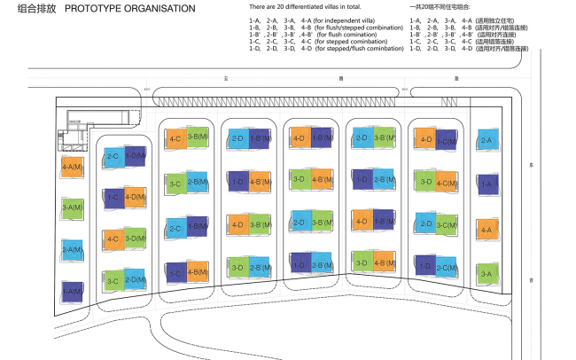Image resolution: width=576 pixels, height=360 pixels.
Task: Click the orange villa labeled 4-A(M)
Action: tap(72, 167)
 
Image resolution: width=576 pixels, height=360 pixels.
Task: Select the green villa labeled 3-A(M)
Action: tap(72, 208)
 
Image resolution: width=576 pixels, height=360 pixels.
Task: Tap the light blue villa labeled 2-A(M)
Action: tap(72, 250)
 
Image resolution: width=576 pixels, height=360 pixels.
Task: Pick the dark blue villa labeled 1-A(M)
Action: tap(72, 291)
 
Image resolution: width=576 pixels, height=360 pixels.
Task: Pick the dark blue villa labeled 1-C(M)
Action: tap(447, 141)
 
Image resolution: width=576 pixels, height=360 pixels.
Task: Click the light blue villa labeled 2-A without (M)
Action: tap(486, 141)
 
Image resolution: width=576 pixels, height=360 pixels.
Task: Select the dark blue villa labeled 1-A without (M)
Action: tap(486, 185)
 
